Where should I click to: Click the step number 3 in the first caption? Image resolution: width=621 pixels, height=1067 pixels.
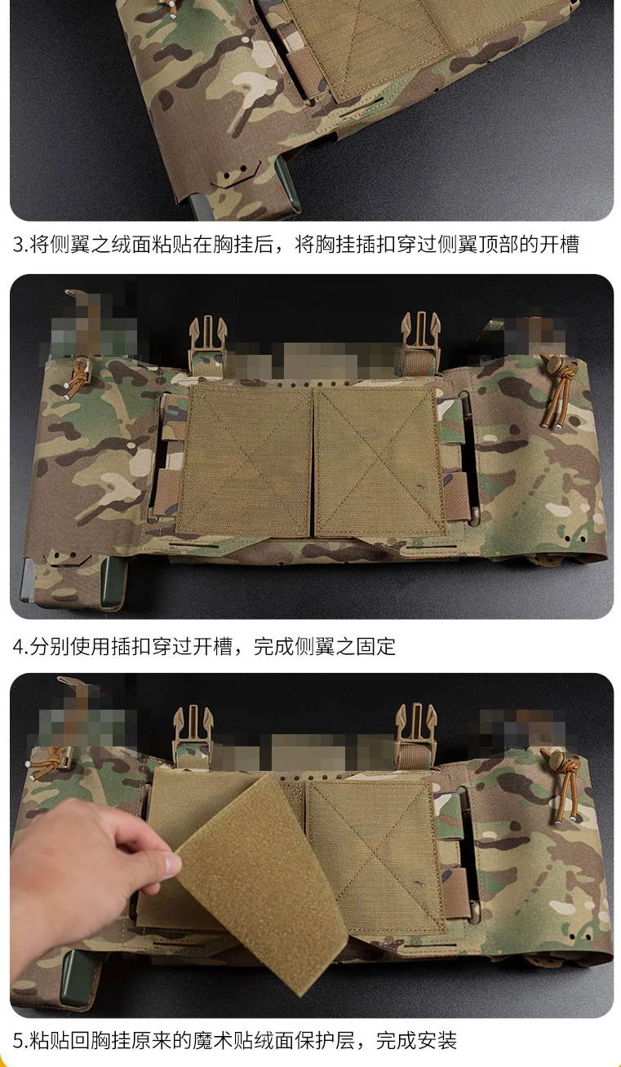[18, 245]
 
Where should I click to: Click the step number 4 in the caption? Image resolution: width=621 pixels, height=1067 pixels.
[18, 647]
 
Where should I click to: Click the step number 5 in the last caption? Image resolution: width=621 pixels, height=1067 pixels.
[18, 1040]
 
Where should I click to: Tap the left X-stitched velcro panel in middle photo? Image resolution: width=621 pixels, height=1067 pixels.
[245, 459]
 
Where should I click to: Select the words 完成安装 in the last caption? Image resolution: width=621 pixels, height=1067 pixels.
[416, 1040]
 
